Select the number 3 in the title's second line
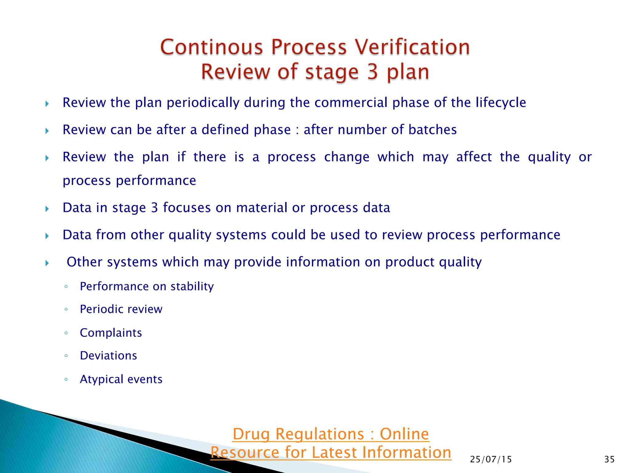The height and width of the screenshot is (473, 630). tap(372, 72)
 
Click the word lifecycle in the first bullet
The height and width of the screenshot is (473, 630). tap(501, 103)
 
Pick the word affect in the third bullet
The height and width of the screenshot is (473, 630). tap(474, 157)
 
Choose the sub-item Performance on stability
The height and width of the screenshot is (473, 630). tap(147, 286)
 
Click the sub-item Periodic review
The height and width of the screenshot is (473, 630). tap(121, 309)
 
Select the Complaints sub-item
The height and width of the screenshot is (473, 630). tap(111, 333)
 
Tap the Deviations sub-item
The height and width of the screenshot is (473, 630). tap(108, 356)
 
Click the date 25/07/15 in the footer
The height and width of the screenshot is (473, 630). tap(491, 459)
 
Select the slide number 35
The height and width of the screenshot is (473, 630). tap(609, 459)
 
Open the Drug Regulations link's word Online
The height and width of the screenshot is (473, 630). tap(404, 434)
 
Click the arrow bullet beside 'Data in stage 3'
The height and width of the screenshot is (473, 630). tap(47, 209)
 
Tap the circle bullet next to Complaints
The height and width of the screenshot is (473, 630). tap(66, 333)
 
